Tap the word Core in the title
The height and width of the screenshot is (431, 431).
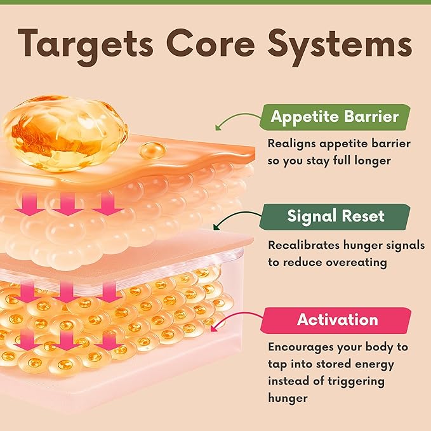point(211,43)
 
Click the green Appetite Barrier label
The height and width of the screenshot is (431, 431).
point(335,117)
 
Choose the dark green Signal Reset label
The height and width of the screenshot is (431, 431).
point(335,216)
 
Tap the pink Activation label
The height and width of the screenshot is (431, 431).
point(336,320)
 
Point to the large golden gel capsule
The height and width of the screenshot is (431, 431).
point(65,133)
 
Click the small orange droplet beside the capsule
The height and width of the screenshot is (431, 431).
point(152,150)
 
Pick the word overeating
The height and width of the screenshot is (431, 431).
point(357,263)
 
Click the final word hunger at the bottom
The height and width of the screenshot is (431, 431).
point(288,399)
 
